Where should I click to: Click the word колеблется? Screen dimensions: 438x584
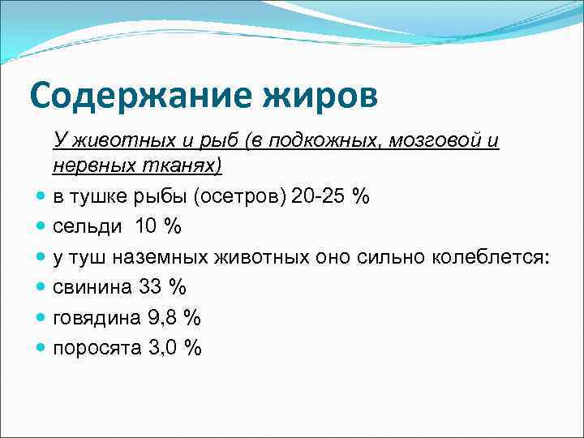point(496,258)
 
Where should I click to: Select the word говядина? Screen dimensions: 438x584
point(96,318)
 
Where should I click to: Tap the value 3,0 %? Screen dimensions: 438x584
point(174,348)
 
